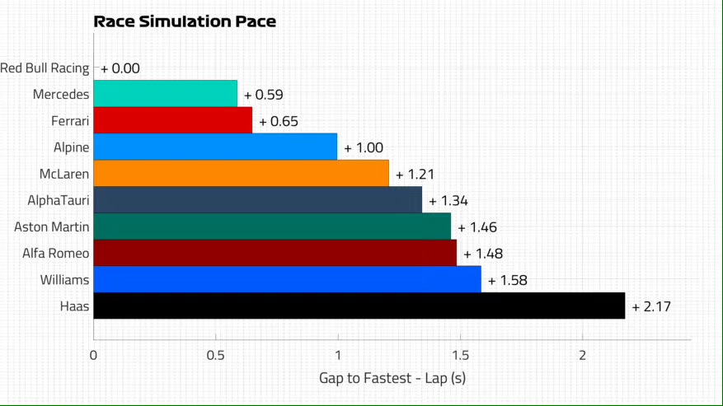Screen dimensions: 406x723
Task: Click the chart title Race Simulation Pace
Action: pyautogui.click(x=185, y=21)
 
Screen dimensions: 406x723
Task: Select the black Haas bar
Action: pyautogui.click(x=359, y=306)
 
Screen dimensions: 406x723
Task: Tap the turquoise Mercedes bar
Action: pyautogui.click(x=165, y=94)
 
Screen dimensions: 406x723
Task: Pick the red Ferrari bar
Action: pyautogui.click(x=172, y=120)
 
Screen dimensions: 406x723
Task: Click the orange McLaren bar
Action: pyautogui.click(x=241, y=173)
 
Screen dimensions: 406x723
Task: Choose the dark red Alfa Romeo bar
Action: pyautogui.click(x=275, y=253)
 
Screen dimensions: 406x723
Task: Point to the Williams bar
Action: pyautogui.click(x=287, y=279)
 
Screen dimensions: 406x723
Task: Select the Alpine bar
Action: pyautogui.click(x=215, y=147)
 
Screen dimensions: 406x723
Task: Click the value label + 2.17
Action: pyautogui.click(x=651, y=307)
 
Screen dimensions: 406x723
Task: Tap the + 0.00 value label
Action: pyautogui.click(x=120, y=68)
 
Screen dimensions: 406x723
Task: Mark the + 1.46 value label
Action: pyautogui.click(x=477, y=227)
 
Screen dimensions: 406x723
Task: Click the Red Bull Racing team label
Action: pyautogui.click(x=45, y=68)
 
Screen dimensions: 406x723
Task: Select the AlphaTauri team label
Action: pyautogui.click(x=59, y=200)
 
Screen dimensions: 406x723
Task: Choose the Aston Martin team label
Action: pyautogui.click(x=52, y=226)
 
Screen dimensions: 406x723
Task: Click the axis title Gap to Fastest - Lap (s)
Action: pyautogui.click(x=392, y=378)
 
